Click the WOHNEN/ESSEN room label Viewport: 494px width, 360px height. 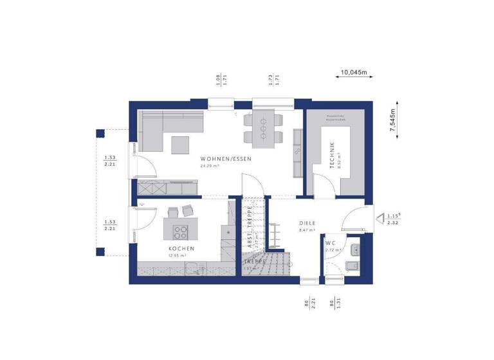pyautogui.click(x=225, y=158)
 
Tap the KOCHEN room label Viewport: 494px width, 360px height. pyautogui.click(x=182, y=248)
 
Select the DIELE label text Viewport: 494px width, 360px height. pyautogui.click(x=307, y=223)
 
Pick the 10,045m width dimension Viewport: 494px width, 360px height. pyautogui.click(x=353, y=73)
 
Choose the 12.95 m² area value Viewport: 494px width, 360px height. pyautogui.click(x=176, y=256)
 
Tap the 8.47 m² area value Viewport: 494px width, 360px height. pyautogui.click(x=307, y=230)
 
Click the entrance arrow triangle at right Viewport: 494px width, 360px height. pyautogui.click(x=380, y=217)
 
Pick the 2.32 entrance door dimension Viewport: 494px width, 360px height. pyautogui.click(x=392, y=223)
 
